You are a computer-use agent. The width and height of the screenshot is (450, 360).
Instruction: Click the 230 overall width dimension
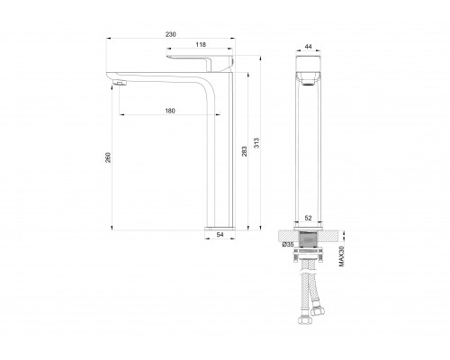171,34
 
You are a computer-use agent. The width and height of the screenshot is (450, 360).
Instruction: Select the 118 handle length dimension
201,45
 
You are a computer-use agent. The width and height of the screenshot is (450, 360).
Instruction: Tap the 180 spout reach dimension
170,111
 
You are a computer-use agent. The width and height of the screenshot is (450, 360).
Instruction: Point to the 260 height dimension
108,157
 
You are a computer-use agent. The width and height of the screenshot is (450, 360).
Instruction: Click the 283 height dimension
245,151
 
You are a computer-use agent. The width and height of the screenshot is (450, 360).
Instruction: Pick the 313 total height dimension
256,143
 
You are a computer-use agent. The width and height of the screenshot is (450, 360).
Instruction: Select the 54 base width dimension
220,235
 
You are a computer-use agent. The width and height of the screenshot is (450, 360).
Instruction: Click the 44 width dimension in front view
308,47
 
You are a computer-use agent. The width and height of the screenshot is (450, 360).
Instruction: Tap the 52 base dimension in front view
308,218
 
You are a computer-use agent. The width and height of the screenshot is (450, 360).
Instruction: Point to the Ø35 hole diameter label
288,245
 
